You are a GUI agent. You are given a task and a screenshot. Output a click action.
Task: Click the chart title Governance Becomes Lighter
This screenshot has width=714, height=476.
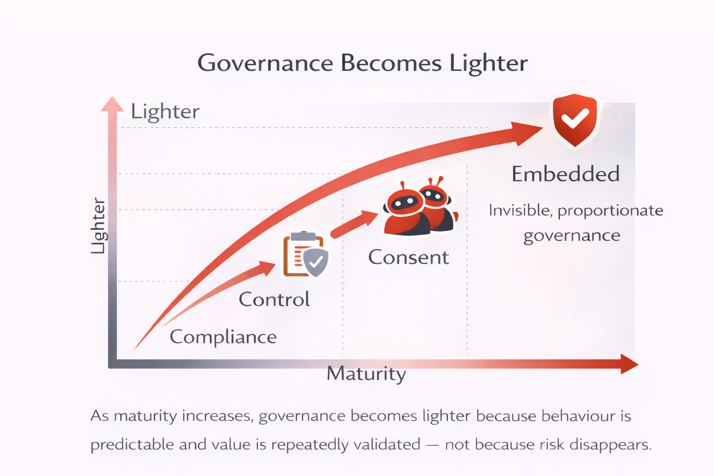[362, 63]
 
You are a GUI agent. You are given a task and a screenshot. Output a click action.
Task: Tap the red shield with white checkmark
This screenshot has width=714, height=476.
[575, 119]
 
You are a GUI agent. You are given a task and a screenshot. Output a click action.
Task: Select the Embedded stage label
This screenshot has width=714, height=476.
[565, 174]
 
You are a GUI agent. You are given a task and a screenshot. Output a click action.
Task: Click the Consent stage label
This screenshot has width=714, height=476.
[408, 257]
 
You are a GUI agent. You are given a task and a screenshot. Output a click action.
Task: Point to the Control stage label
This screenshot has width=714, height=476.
[274, 299]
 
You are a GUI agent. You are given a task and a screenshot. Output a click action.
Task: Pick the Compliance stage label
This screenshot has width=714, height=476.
[223, 337]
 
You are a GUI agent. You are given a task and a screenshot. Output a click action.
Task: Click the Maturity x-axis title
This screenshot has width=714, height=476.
[366, 373]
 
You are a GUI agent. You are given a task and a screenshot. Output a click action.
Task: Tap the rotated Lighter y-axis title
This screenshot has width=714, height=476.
[98, 226]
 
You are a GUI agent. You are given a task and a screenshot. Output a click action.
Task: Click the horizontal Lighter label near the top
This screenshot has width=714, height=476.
[165, 112]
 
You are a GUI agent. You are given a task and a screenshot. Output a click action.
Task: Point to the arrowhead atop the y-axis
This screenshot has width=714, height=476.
[112, 104]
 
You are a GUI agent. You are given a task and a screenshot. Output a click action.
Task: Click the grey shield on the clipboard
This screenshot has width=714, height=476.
[316, 262]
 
